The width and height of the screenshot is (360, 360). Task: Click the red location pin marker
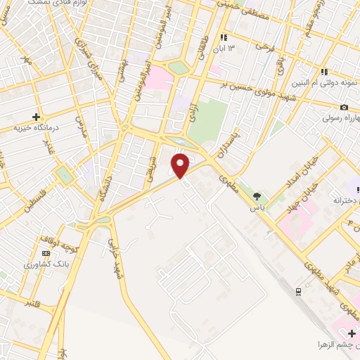coord(181,166)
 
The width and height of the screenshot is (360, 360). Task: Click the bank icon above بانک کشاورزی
coord(46,253)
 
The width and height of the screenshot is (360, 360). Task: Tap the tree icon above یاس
coord(257,196)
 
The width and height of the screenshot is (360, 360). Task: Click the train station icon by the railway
coord(298,290)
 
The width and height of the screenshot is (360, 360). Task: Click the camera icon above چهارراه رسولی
coord(343,107)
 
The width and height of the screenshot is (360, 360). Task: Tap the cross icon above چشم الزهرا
coord(352,333)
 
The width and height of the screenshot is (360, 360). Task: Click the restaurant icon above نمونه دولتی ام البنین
coord(324,72)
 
